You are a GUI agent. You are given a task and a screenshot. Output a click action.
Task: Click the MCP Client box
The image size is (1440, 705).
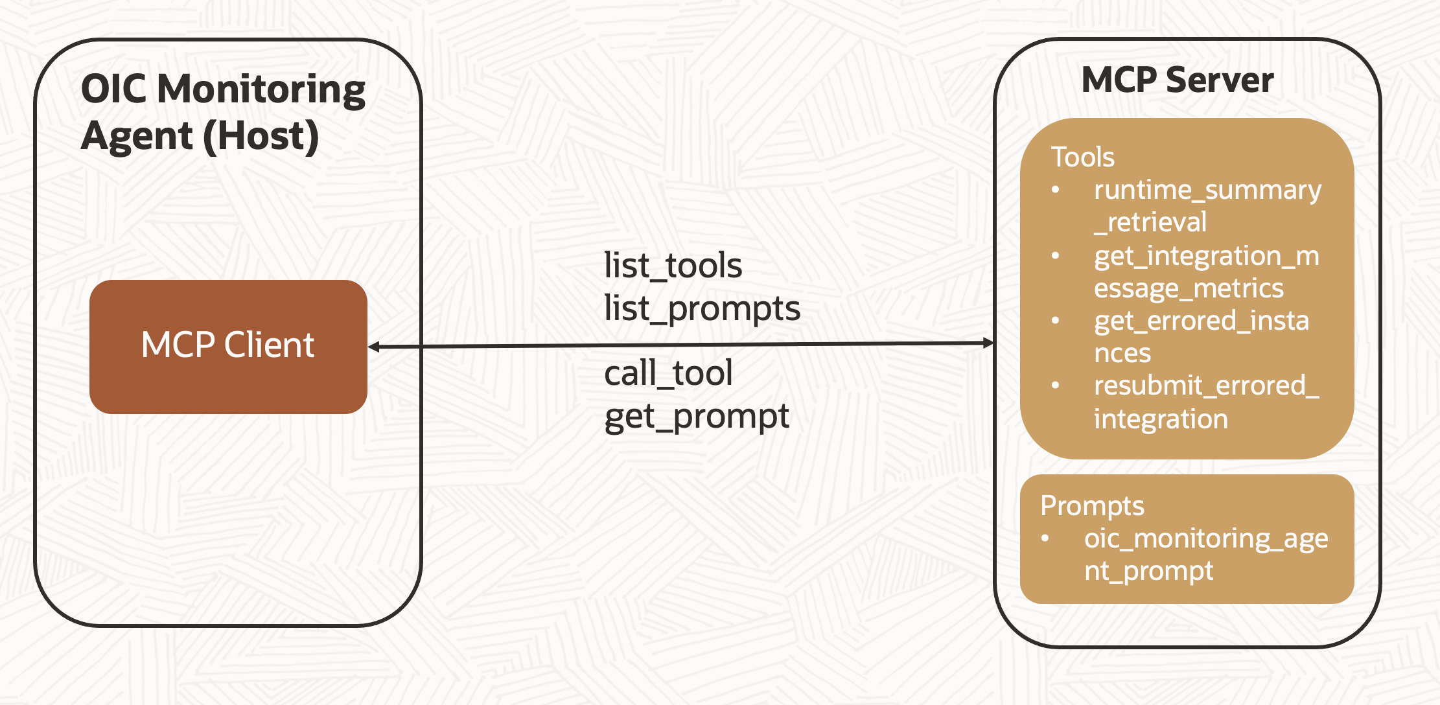point(228,346)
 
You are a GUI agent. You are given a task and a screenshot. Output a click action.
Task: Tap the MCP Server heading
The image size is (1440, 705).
point(1177,80)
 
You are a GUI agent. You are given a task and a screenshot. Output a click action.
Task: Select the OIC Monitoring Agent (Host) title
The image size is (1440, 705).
point(222,112)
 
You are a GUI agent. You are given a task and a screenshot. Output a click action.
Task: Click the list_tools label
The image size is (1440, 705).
point(673,266)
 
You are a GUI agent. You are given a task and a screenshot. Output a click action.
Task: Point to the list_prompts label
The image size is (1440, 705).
point(702,308)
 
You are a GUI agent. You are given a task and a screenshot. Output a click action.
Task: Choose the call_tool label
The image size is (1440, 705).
point(668,373)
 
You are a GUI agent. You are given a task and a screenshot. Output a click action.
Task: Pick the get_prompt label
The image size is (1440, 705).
point(697,416)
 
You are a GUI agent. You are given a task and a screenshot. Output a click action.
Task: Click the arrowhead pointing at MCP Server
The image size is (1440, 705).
point(988,343)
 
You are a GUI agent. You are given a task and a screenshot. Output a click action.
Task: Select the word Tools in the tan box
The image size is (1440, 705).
point(1082,157)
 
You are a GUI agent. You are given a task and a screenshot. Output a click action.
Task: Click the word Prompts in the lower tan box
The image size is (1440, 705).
point(1092,505)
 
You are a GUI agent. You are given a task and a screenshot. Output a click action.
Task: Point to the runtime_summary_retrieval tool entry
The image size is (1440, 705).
point(1207,206)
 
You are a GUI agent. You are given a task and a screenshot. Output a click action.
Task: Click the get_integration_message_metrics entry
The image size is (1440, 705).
point(1205,272)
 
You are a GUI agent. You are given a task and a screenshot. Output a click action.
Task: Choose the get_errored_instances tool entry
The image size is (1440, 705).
point(1201,337)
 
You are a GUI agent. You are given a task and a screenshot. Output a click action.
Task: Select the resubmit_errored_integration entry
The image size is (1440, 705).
point(1205,402)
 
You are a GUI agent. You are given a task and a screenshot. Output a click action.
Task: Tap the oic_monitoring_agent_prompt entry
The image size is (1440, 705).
point(1205,555)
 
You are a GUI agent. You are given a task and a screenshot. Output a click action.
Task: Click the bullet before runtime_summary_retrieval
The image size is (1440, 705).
point(1056,190)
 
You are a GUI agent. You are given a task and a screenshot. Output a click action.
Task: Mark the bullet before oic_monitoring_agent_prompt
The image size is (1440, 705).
point(1045,538)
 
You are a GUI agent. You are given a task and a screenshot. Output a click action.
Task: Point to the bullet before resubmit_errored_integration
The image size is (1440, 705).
point(1056,386)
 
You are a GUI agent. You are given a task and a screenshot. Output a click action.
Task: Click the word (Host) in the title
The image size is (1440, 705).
point(261,136)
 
